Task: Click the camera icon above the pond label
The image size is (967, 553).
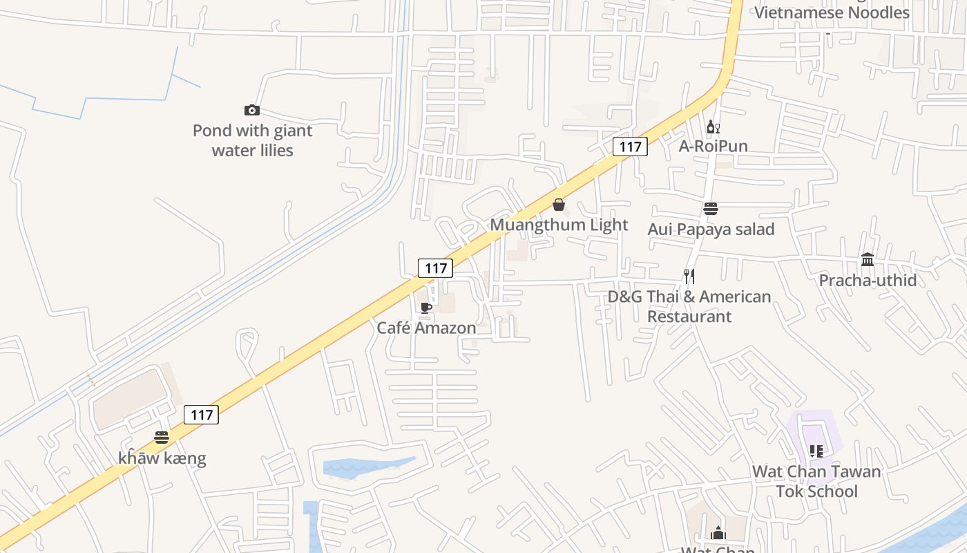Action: point(252,111)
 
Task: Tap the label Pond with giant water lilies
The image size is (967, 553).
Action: point(252,140)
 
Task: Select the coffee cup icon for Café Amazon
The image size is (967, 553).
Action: point(426,308)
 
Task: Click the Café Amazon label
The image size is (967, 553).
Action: point(426,328)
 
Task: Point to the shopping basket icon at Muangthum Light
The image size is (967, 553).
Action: point(559,205)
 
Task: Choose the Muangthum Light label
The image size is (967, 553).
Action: point(559,225)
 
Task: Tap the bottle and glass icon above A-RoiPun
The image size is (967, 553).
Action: point(713,126)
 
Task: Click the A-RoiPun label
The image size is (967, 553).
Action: point(713,146)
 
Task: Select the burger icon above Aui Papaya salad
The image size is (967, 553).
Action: point(711,209)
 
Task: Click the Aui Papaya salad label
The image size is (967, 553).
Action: point(711,229)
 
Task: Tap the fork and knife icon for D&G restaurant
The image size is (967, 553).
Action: point(689,276)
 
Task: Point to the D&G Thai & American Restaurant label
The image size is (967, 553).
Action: point(689,306)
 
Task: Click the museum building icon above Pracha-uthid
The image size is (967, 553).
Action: point(868,260)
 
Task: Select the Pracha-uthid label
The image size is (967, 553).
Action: point(868,280)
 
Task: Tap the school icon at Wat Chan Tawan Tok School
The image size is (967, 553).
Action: point(816,451)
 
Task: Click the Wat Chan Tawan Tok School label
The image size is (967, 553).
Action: point(816,481)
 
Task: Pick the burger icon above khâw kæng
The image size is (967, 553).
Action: point(162,438)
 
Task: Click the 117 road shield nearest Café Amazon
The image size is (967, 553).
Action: point(435,268)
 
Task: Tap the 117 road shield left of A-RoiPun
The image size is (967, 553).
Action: point(630,147)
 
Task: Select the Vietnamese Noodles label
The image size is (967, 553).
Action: point(832,12)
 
